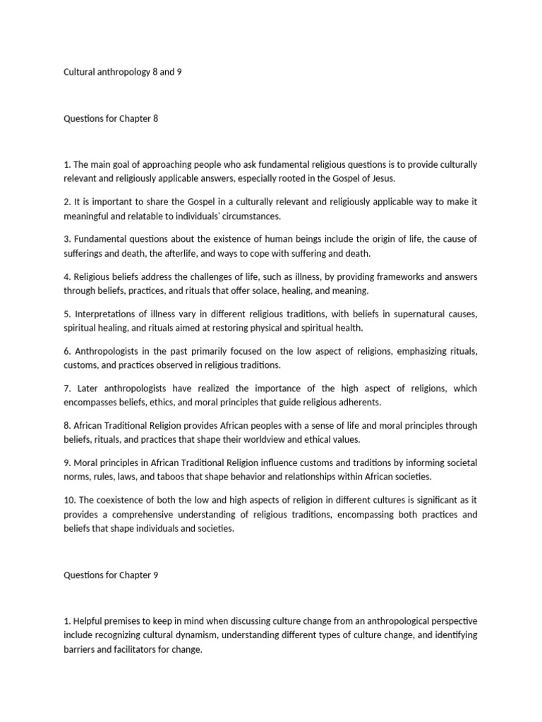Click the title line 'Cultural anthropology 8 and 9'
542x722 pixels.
click(x=123, y=73)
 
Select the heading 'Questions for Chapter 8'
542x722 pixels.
click(x=111, y=118)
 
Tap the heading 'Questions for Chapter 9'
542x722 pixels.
click(x=111, y=575)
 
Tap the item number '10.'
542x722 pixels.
click(x=70, y=501)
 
